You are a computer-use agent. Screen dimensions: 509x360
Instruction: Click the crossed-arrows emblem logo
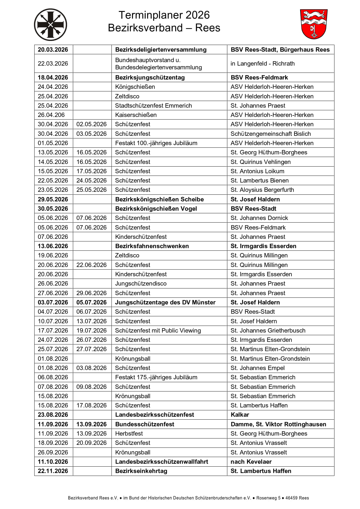pos(51,25)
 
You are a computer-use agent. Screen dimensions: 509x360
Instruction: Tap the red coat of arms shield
pos(314,24)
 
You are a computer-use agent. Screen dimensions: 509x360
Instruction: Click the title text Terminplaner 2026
pos(164,15)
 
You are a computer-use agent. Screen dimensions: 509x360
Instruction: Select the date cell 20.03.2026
pos(53,50)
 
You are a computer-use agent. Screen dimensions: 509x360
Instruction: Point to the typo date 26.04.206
pos(51,115)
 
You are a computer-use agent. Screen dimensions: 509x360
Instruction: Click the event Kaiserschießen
pos(136,115)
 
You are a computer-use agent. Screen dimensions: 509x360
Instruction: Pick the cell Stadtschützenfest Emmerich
pos(153,106)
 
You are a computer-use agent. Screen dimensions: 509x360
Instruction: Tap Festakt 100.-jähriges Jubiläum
pos(156,143)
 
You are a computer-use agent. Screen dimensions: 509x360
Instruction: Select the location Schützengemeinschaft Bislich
pos(271,134)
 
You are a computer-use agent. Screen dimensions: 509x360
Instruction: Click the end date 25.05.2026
pos(91,190)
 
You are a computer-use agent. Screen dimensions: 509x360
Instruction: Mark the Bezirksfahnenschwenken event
pos(152,246)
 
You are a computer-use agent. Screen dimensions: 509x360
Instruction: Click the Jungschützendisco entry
pos(141,284)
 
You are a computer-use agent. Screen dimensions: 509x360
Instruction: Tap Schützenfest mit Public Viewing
pos(158,331)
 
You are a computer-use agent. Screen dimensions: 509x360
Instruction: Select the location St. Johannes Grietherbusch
pos(268,331)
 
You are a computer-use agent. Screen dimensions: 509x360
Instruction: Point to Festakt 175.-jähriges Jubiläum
pos(156,377)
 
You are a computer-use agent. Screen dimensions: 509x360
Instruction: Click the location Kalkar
pos(240,415)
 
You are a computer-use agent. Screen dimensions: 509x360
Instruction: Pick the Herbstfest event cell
pos(129,434)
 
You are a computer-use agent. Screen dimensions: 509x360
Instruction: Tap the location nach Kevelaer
pos(251,462)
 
